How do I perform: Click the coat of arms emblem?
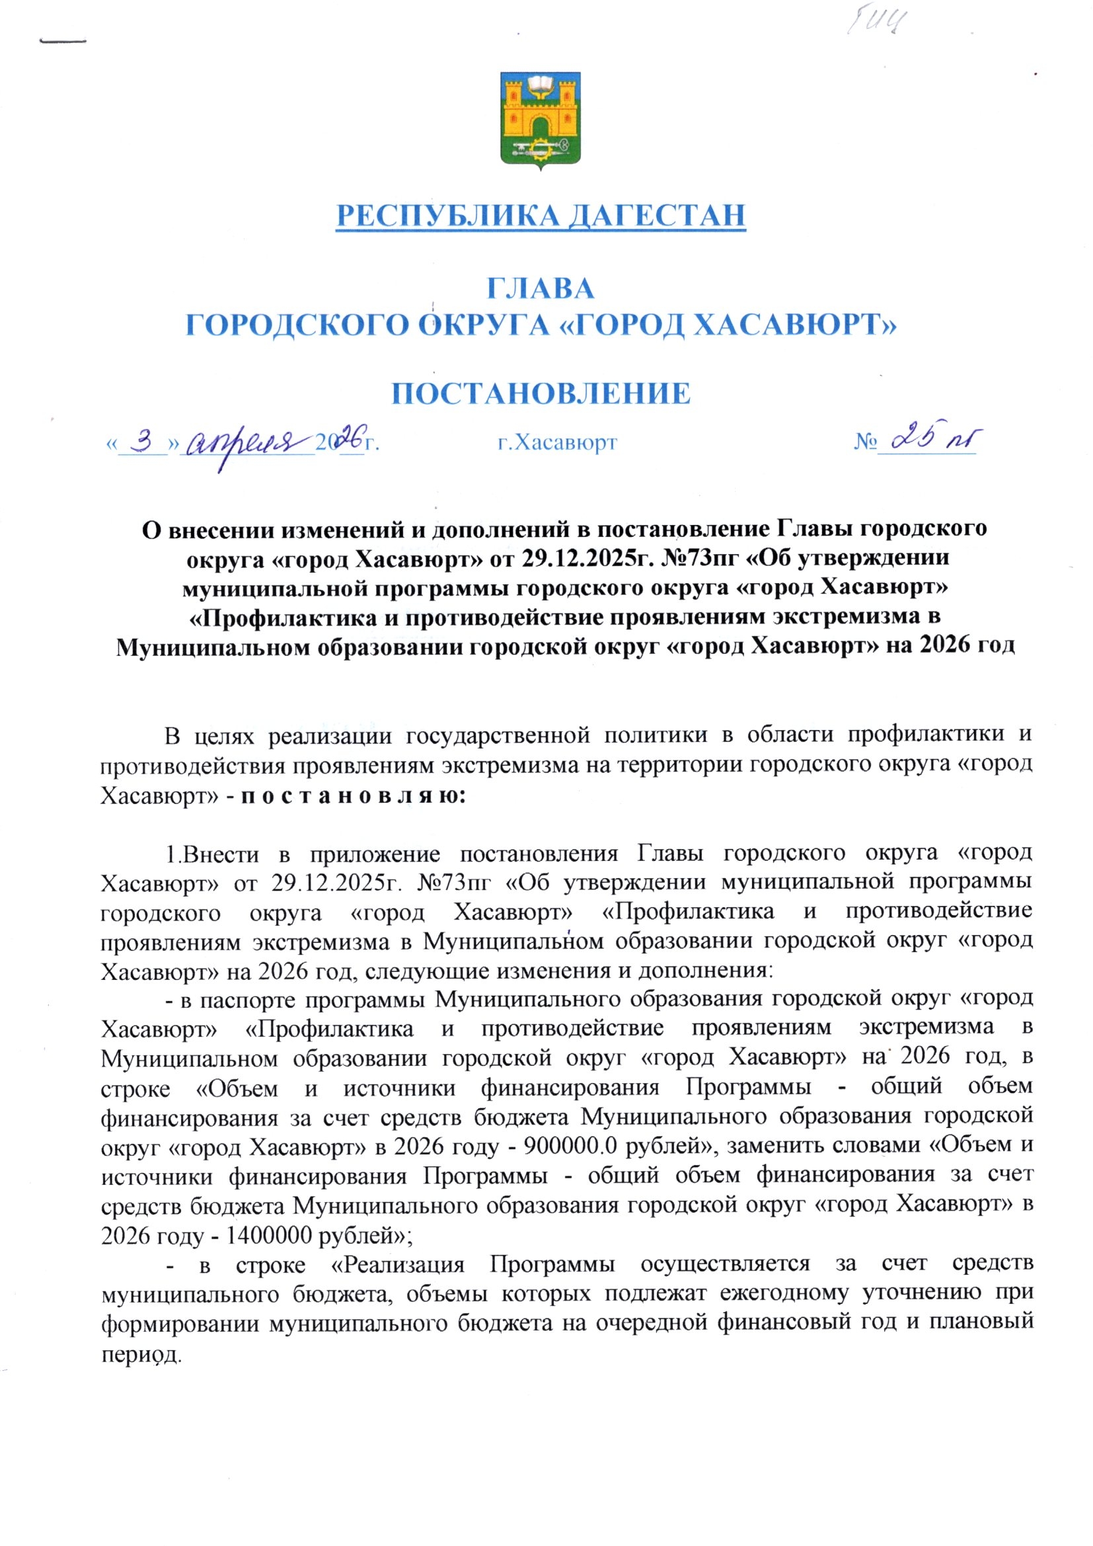541,120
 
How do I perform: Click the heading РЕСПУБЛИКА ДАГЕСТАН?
541,216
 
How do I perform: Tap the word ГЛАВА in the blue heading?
541,289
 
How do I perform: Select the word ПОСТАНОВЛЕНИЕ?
541,393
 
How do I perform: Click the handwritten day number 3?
143,442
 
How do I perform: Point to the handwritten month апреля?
246,444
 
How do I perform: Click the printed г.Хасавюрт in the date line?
557,443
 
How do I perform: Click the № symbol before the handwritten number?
866,442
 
